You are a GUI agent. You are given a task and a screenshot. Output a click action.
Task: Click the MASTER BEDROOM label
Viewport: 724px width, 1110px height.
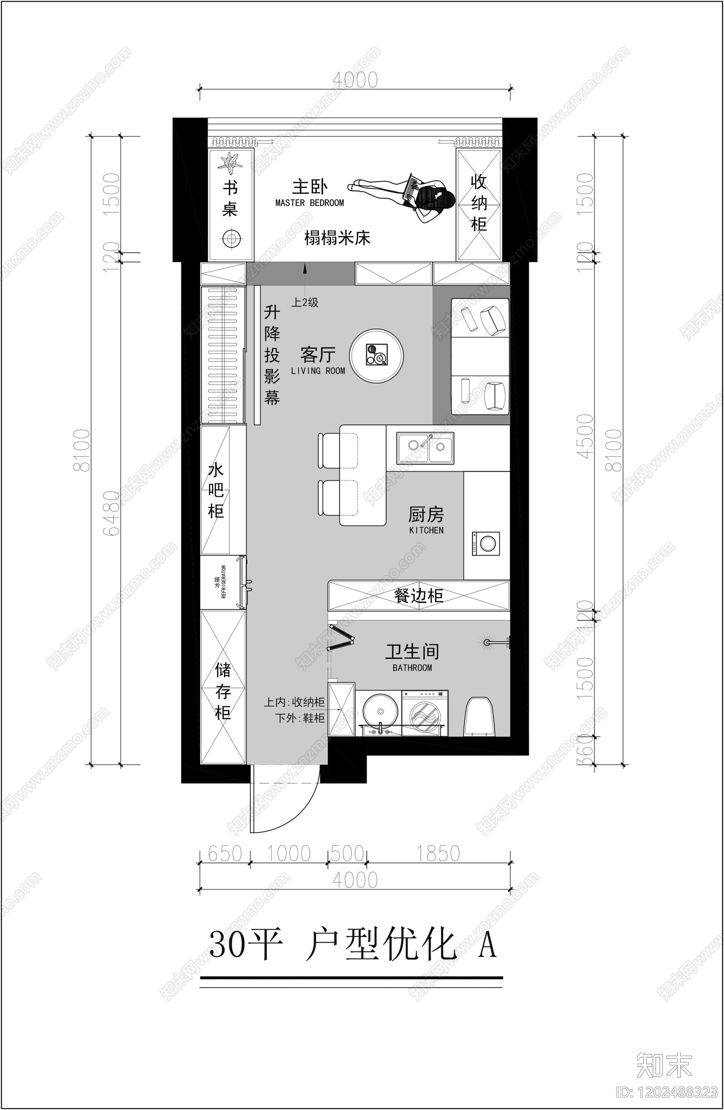click(x=310, y=203)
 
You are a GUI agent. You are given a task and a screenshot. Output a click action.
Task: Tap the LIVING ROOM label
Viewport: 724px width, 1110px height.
click(x=318, y=371)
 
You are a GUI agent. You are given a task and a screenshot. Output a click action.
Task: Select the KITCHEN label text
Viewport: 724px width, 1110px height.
click(x=426, y=530)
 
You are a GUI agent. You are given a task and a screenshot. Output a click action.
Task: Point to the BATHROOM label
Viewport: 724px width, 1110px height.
click(x=412, y=668)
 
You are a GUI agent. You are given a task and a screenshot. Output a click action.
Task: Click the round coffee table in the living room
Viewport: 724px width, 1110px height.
click(x=376, y=356)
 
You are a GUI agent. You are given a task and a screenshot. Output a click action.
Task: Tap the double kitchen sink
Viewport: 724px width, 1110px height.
click(x=425, y=448)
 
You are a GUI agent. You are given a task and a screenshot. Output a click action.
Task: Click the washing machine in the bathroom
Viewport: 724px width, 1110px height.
click(x=424, y=714)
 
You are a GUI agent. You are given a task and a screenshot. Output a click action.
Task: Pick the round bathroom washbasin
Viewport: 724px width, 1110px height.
click(x=380, y=712)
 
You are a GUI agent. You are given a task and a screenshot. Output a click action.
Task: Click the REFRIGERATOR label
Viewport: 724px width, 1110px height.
click(x=224, y=582)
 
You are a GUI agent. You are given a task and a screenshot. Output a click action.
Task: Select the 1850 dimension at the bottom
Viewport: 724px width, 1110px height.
click(x=438, y=853)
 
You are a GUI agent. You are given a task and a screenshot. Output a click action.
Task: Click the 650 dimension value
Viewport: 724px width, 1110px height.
click(x=225, y=853)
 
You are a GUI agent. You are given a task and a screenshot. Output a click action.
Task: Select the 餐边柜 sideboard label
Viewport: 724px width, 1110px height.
click(x=419, y=595)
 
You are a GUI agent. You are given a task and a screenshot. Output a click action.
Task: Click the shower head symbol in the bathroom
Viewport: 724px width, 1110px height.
click(x=486, y=642)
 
